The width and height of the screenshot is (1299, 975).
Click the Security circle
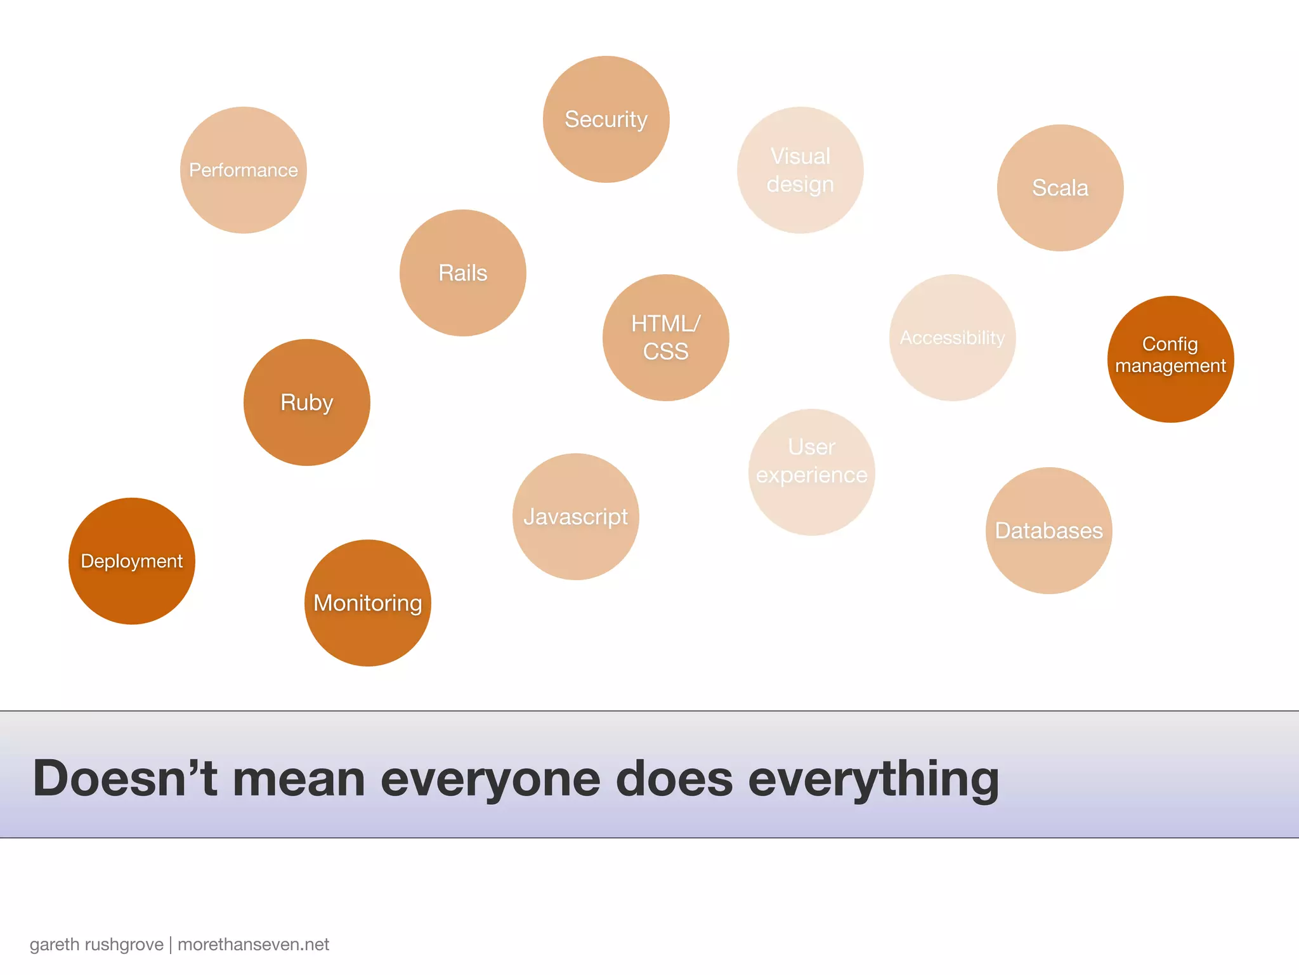(606, 119)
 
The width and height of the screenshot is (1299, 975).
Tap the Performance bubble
(244, 170)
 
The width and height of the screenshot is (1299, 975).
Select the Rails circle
(463, 273)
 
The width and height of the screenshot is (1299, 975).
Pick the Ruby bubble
(307, 402)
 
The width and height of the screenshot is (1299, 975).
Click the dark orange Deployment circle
(132, 561)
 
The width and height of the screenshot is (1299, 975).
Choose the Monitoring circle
(368, 603)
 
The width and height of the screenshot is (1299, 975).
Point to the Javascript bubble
(576, 517)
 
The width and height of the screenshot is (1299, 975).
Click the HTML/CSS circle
(666, 338)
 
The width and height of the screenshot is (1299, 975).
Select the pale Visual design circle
(800, 170)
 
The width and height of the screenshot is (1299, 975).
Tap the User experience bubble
(812, 472)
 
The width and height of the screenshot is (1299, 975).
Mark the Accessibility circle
(953, 338)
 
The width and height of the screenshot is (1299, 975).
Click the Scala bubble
(1061, 188)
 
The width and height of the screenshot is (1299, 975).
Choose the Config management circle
(1171, 359)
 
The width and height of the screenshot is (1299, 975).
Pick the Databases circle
(1049, 531)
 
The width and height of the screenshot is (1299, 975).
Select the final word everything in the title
(873, 779)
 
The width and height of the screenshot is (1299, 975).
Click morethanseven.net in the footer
(253, 945)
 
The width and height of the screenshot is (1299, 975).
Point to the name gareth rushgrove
(96, 945)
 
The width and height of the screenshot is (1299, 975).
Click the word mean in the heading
(299, 779)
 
